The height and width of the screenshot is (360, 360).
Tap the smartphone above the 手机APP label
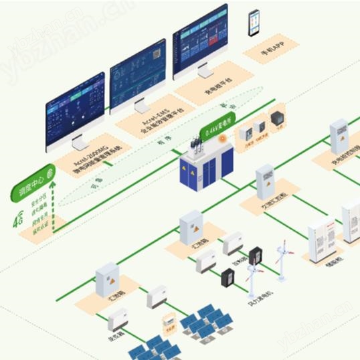254,23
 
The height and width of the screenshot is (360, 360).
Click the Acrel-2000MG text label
86,163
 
